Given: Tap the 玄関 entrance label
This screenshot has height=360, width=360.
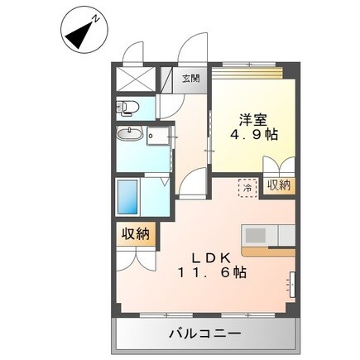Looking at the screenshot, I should [x=190, y=79].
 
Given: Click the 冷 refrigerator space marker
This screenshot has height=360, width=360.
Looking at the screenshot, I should [x=247, y=188].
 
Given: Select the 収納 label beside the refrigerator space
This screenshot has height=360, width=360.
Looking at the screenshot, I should [x=280, y=185].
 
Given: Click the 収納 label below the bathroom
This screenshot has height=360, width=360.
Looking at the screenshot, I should [x=132, y=234].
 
